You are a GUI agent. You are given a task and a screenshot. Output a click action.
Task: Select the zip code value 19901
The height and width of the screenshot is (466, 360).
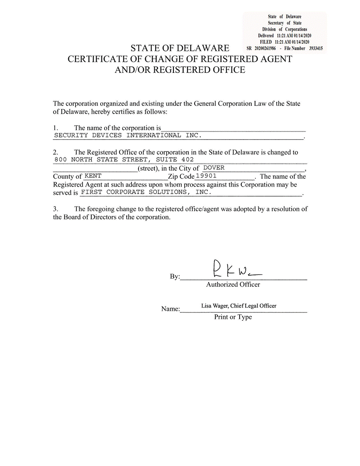point(206,176)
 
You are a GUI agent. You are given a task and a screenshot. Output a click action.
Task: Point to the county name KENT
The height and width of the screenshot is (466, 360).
point(93,176)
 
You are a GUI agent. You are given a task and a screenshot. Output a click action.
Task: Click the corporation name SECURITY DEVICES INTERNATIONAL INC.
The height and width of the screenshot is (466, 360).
point(127,135)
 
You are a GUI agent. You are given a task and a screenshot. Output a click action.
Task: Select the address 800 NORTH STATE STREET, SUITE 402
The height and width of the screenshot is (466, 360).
point(124,159)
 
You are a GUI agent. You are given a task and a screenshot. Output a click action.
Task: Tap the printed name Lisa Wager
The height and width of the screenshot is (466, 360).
point(214,305)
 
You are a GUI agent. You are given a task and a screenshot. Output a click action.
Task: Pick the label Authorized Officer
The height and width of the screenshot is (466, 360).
point(233,285)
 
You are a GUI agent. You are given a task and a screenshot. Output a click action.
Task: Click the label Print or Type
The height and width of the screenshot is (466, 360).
point(233,317)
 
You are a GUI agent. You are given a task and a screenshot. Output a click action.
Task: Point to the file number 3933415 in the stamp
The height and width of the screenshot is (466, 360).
point(316,48)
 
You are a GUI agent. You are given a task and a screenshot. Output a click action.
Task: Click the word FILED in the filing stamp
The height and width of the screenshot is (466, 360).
point(266,41)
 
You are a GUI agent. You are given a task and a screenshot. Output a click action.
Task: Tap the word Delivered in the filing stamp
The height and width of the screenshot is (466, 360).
point(266,35)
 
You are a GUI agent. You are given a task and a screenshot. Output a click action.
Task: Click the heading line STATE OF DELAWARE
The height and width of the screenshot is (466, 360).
point(180,48)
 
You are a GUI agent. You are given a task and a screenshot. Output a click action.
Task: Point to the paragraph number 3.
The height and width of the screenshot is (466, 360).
point(56,209)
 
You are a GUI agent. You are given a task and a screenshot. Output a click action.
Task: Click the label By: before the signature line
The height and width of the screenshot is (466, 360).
point(175,277)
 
